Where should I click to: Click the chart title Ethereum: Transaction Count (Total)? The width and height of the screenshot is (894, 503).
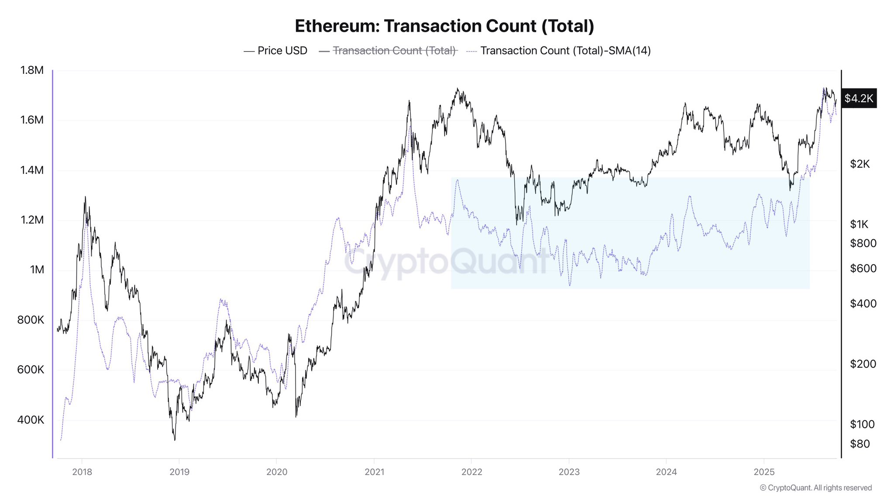(444, 26)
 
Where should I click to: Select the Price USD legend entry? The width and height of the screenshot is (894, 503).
(275, 51)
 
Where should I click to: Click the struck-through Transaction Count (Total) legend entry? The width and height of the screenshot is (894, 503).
(388, 51)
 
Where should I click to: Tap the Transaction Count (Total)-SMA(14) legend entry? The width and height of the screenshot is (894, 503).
(559, 51)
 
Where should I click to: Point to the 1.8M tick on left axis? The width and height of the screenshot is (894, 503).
(32, 70)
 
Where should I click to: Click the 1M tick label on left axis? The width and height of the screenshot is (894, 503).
(37, 270)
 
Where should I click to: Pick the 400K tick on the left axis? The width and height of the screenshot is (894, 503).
(31, 420)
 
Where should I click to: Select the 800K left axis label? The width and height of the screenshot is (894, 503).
(31, 320)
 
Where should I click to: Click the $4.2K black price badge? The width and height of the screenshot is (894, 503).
(858, 98)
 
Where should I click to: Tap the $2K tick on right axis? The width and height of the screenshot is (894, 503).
(860, 164)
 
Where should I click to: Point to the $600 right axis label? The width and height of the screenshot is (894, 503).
(863, 269)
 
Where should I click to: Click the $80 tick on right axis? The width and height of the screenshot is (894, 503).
(860, 444)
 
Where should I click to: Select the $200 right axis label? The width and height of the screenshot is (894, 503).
(863, 364)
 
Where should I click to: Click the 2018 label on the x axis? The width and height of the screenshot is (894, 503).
(82, 472)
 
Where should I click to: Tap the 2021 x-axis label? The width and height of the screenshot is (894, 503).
(374, 472)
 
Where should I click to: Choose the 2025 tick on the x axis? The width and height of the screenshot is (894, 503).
(764, 472)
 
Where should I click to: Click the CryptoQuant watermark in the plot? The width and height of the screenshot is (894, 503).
(445, 262)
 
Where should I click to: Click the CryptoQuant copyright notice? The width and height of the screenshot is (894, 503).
(815, 488)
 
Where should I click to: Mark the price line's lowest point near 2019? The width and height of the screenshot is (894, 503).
(175, 440)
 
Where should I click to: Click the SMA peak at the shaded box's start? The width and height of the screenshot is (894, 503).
(457, 180)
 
